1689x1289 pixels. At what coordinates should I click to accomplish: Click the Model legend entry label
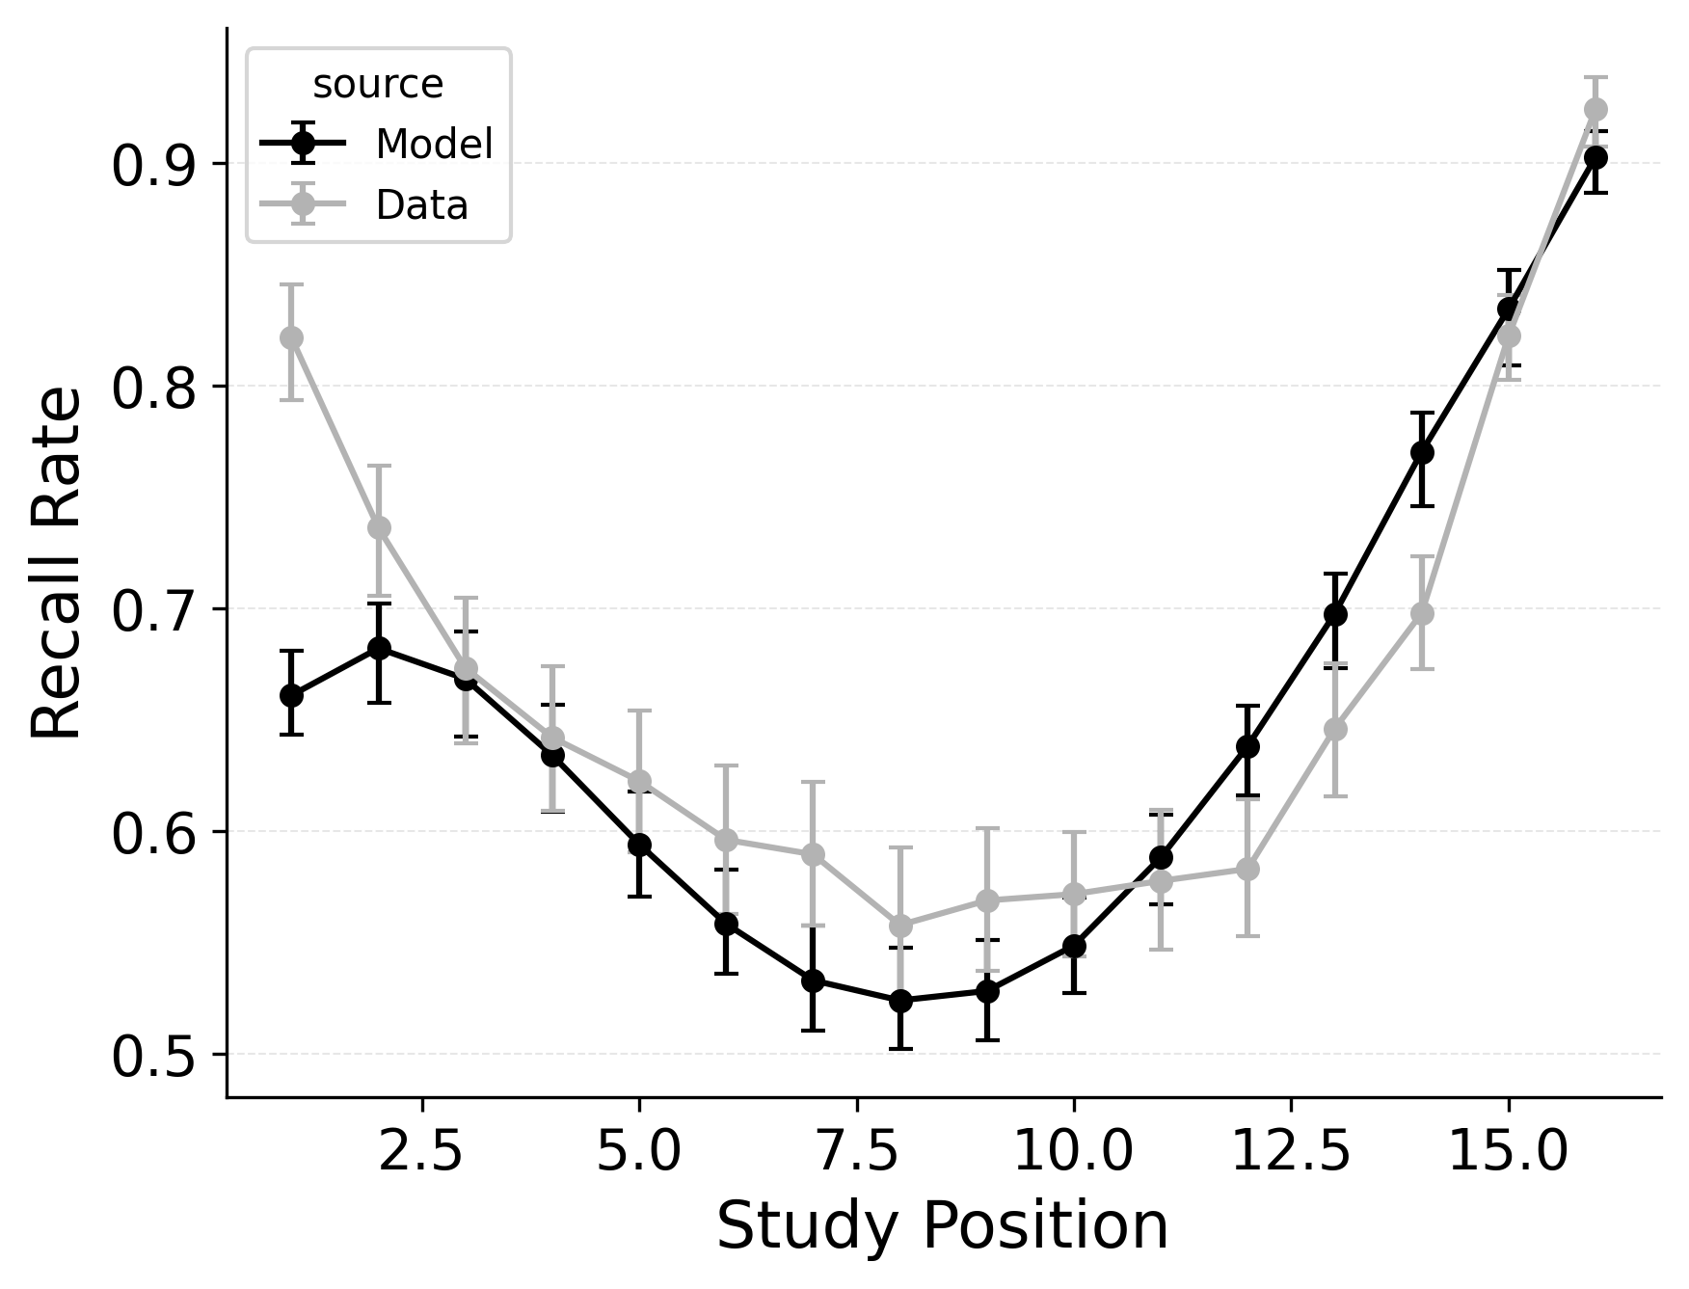[434, 145]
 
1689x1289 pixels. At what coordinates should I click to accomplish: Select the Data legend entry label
[421, 205]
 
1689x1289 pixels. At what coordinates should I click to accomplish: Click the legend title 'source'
[378, 85]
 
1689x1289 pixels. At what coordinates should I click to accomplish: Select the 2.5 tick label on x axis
[423, 1152]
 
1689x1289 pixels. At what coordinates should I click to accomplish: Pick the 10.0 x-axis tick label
[1073, 1152]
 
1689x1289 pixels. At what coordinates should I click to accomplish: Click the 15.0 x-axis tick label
[1508, 1152]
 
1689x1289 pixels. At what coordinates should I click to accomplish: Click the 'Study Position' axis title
[942, 1227]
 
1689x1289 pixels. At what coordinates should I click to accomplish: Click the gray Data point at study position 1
[291, 337]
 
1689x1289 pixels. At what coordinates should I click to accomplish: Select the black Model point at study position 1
[291, 695]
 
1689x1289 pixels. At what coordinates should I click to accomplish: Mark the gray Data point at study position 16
[1595, 109]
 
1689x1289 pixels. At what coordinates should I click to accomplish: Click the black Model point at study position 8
[900, 1001]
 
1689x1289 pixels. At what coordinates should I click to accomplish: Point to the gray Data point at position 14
[1422, 613]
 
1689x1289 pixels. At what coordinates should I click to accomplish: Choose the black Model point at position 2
[379, 647]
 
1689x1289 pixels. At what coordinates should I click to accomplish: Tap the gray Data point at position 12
[1247, 869]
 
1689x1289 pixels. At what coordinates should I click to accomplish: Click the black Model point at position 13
[1335, 614]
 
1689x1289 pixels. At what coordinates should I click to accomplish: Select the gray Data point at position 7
[813, 854]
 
